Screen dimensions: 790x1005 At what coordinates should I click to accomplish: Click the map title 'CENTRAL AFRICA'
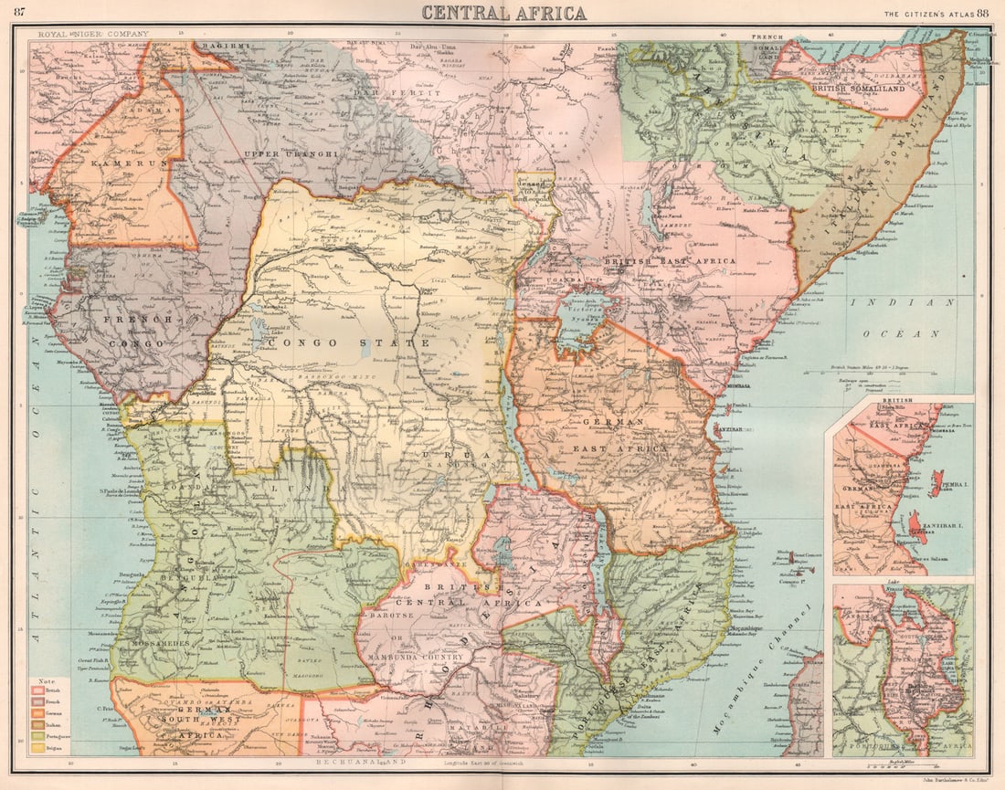(503, 13)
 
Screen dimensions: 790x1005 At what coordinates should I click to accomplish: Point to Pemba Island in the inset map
(936, 483)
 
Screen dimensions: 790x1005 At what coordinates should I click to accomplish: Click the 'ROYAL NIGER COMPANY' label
(91, 35)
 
